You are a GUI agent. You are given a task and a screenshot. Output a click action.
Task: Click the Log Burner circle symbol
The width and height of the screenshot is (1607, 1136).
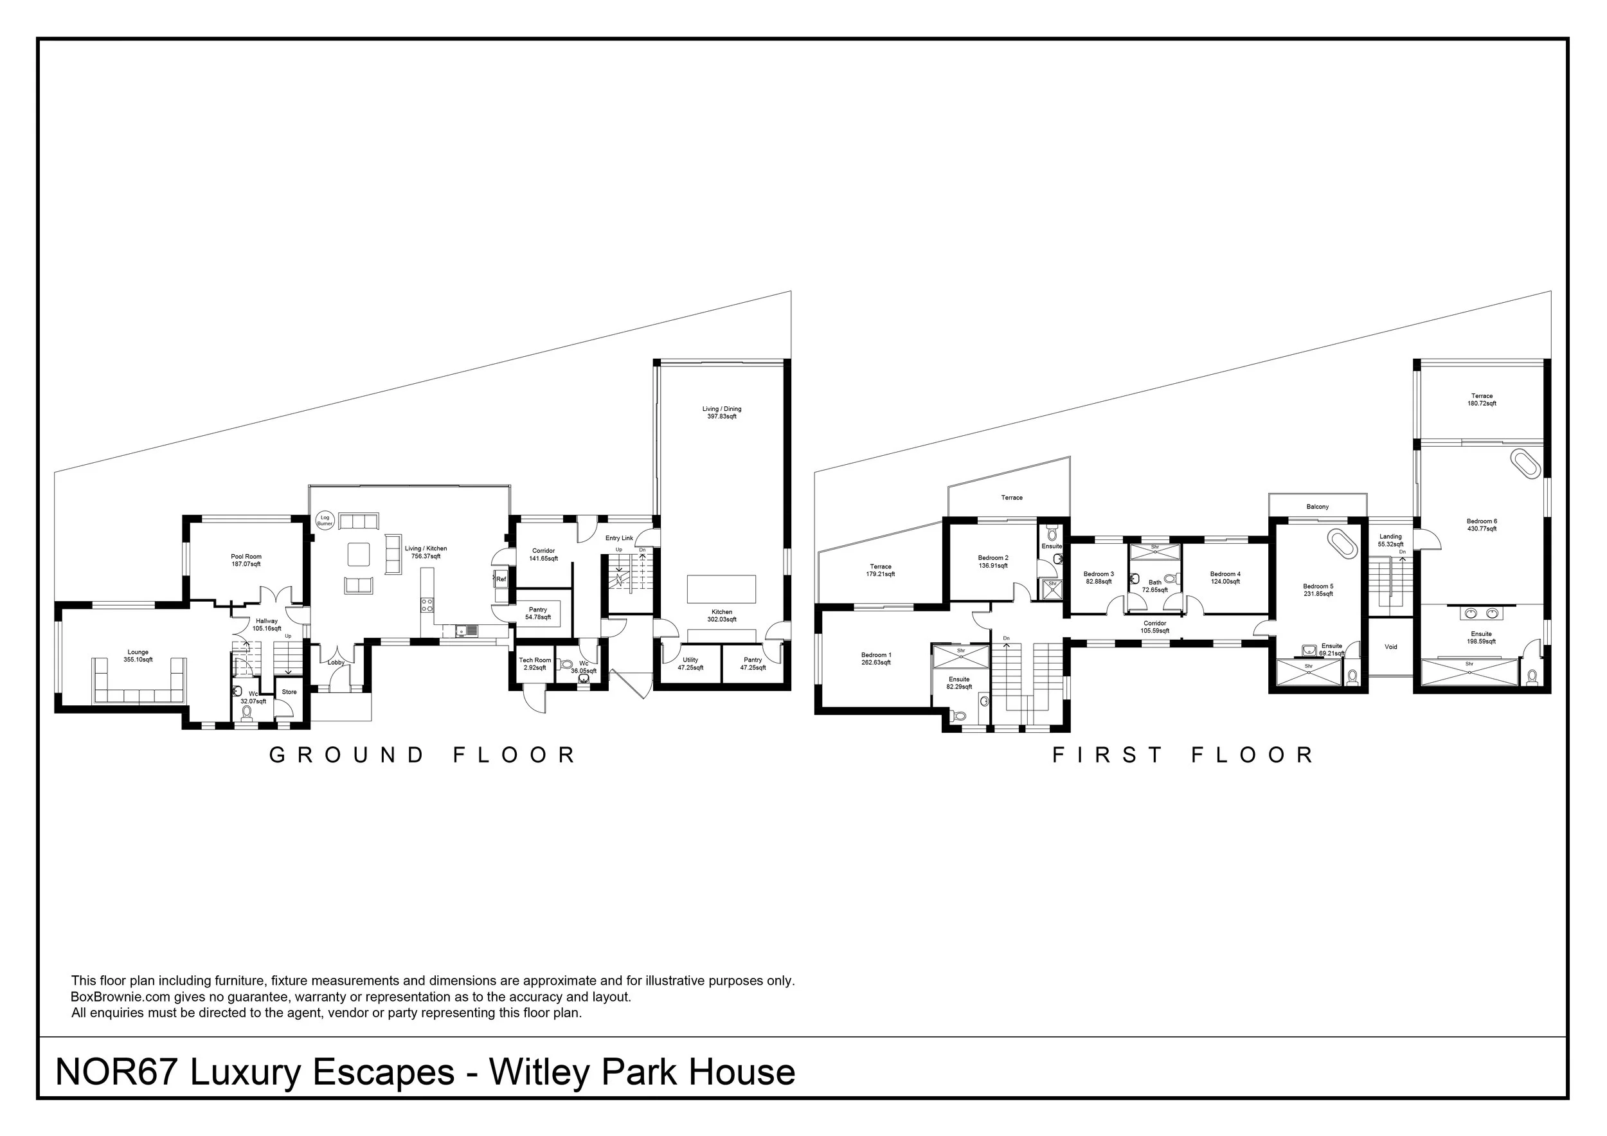[x=325, y=521]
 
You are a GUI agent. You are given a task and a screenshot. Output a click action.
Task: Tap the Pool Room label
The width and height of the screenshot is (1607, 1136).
[x=246, y=557]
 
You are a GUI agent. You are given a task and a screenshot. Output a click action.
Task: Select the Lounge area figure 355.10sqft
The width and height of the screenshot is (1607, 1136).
[x=138, y=660]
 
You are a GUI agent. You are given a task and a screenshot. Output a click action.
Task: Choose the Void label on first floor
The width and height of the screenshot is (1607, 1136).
[x=1391, y=647]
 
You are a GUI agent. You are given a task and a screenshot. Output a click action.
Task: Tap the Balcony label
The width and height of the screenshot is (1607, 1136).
[x=1317, y=507]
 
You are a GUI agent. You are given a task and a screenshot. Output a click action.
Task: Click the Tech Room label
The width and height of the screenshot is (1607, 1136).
[x=535, y=660]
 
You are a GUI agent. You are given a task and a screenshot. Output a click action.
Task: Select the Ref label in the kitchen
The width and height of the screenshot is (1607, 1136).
[x=501, y=579]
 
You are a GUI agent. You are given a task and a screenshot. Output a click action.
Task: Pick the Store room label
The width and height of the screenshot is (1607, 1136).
[x=289, y=692]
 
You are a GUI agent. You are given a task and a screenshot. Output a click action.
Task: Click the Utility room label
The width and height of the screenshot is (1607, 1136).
[x=690, y=660]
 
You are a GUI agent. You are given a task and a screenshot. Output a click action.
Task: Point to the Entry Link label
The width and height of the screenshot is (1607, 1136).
[x=619, y=538]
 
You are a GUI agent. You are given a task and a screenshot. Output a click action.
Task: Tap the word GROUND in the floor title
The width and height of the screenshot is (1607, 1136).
[x=347, y=755]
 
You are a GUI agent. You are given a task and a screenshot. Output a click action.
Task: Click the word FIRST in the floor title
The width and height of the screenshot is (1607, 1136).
[x=1109, y=755]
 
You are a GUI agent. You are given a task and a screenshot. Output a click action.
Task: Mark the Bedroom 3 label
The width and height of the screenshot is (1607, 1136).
[x=1098, y=574]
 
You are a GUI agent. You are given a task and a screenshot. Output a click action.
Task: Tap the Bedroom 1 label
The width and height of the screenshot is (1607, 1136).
[x=875, y=655]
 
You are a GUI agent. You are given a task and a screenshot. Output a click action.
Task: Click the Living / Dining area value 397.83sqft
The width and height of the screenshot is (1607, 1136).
[x=722, y=417]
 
